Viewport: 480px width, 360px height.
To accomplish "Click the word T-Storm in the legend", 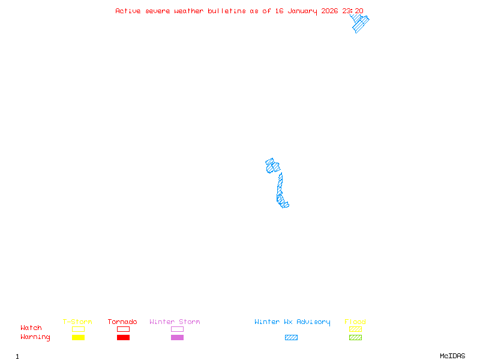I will [x=77, y=322].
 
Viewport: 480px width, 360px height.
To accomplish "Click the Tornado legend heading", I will [x=122, y=322].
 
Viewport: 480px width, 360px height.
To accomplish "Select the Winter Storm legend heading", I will [x=175, y=322].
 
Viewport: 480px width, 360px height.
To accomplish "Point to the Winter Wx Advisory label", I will [x=292, y=322].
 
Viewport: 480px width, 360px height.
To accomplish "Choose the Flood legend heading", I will [x=355, y=322].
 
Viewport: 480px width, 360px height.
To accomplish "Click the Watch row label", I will [x=31, y=328].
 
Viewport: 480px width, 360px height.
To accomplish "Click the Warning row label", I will [x=35, y=337].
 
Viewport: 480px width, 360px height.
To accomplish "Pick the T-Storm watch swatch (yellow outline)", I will [x=78, y=329].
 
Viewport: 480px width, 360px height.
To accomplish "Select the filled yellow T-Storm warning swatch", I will [x=78, y=338].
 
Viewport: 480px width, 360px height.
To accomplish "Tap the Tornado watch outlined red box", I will [x=123, y=329].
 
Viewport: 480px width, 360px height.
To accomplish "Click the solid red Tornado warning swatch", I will [x=123, y=338].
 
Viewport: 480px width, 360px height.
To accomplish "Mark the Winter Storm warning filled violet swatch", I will [x=177, y=338].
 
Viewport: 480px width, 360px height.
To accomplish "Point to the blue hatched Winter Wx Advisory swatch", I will [x=291, y=338].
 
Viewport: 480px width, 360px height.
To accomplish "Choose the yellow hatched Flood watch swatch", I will [x=355, y=329].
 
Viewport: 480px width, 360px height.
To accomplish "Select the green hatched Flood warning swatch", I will [x=355, y=338].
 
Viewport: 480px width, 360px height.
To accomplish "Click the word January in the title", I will [x=302, y=11].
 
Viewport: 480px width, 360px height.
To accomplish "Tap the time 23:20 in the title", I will [x=353, y=11].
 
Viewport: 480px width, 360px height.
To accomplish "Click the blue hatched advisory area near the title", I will [x=359, y=23].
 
